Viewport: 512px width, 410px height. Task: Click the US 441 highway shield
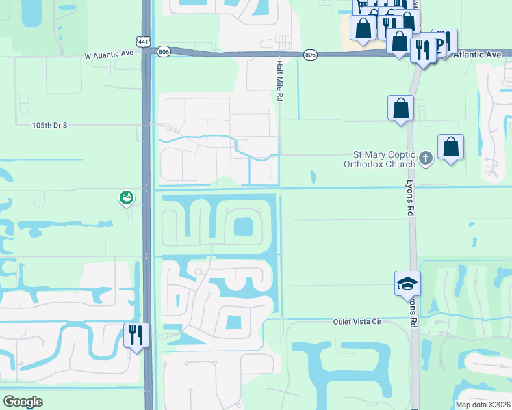pyautogui.click(x=143, y=42)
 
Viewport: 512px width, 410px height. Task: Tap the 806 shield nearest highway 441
pyautogui.click(x=163, y=51)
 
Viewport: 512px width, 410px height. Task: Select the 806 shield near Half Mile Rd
pyautogui.click(x=310, y=54)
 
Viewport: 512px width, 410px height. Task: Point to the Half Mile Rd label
pyautogui.click(x=279, y=81)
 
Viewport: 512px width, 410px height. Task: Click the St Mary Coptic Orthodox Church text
pyautogui.click(x=380, y=159)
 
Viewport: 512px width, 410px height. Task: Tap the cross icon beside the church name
pyautogui.click(x=426, y=159)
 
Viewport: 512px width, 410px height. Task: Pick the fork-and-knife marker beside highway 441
pyautogui.click(x=136, y=335)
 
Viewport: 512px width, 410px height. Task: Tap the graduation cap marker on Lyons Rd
pyautogui.click(x=407, y=282)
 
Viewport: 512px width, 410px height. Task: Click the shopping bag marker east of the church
pyautogui.click(x=450, y=147)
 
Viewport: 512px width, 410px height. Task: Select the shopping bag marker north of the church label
pyautogui.click(x=400, y=108)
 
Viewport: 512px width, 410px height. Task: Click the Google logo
pyautogui.click(x=23, y=402)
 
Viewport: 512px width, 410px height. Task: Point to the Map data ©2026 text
pyautogui.click(x=483, y=405)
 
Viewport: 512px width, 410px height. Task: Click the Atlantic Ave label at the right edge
pyautogui.click(x=482, y=55)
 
